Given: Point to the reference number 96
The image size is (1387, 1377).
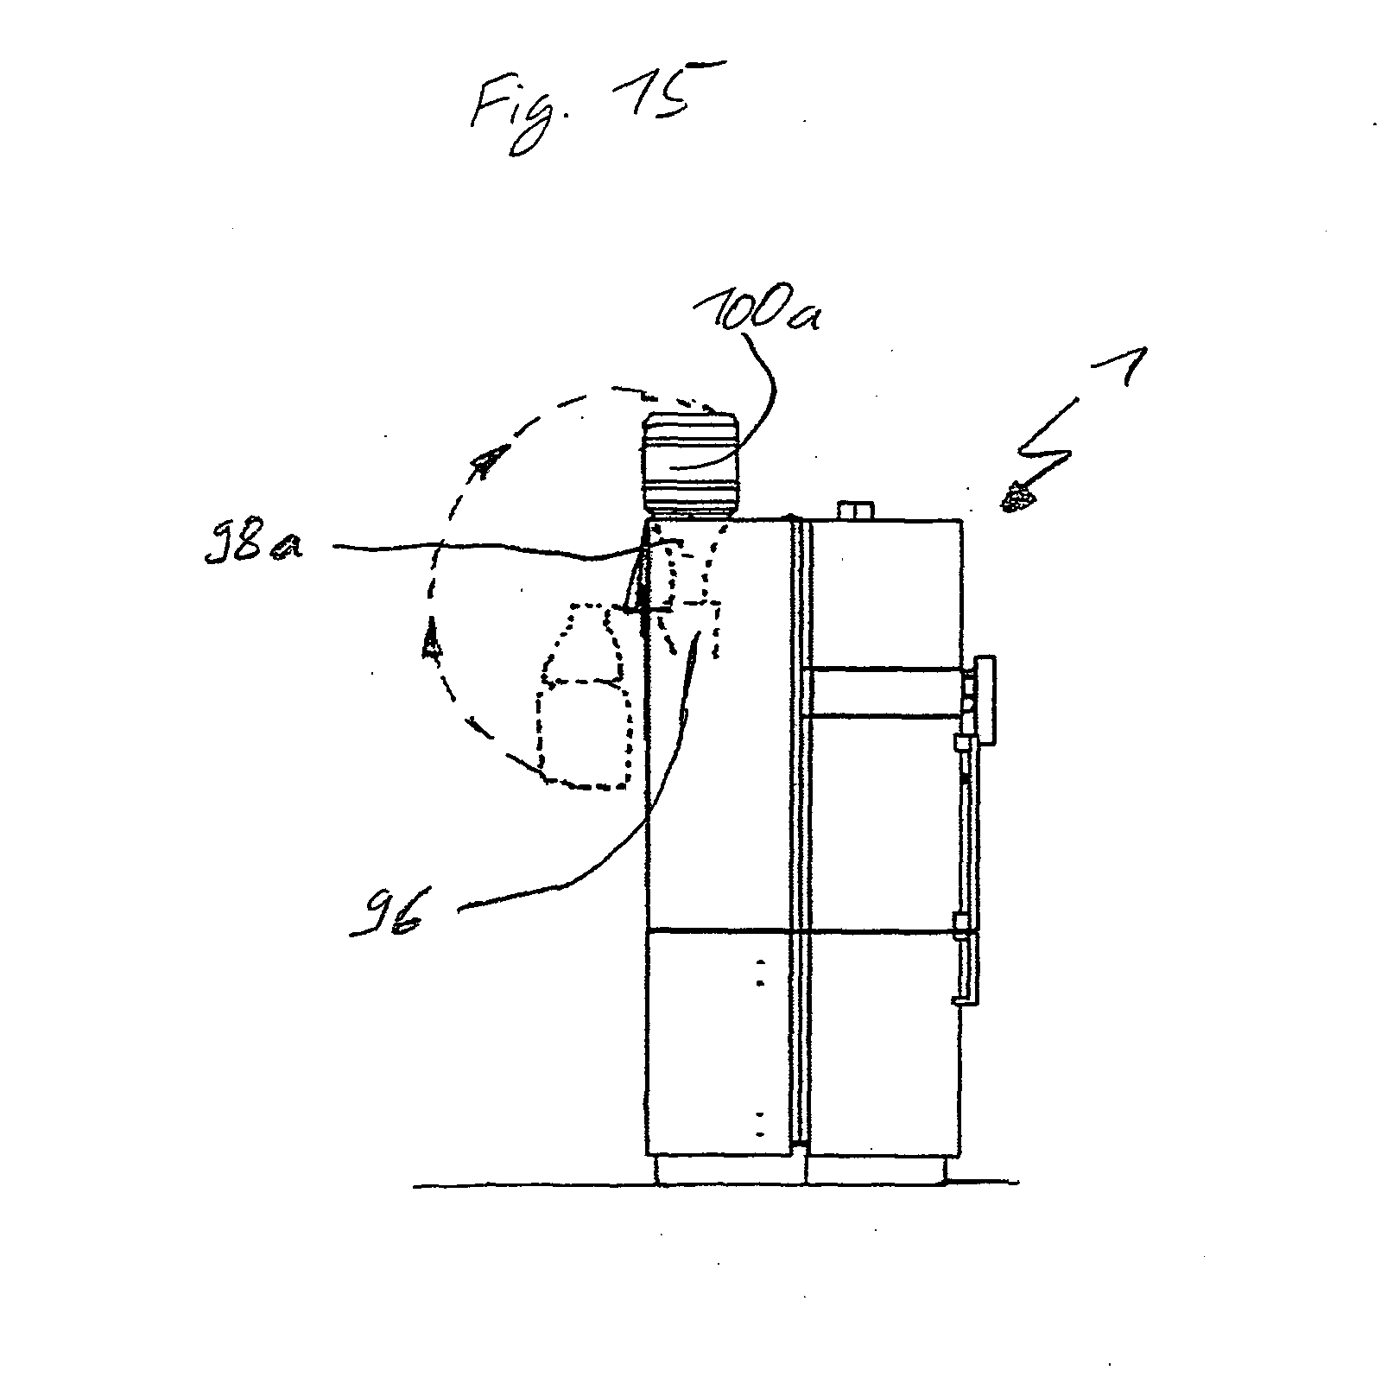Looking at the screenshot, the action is coord(385,918).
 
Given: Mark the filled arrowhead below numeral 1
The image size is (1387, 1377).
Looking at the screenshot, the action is coord(1020,497).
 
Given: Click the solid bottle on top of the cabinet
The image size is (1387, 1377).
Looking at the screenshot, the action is coord(689,466).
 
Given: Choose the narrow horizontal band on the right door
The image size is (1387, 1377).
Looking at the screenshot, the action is coord(883,691).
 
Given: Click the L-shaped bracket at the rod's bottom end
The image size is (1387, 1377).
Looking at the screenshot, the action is coord(966,999).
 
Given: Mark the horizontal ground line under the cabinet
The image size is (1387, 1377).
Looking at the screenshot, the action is coord(717,1184).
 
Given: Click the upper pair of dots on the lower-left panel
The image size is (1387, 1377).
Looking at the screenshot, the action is coord(760,972).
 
